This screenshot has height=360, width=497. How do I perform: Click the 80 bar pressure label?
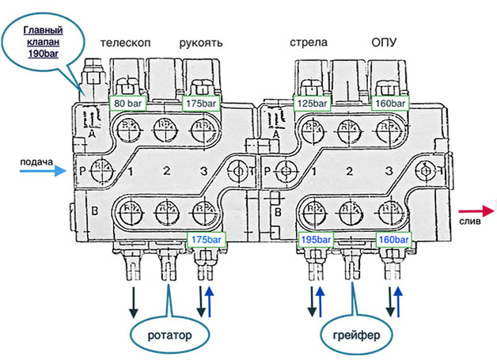point(128,103)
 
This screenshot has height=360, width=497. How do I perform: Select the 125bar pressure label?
point(310,103)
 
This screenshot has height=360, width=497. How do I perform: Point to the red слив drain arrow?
point(476,210)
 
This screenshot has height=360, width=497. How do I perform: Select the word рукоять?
point(200,42)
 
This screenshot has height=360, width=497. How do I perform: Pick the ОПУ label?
point(386,42)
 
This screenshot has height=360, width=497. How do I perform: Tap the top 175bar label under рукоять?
point(202,103)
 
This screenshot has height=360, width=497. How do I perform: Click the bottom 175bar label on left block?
point(204,238)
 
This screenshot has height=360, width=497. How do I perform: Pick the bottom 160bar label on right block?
point(393,238)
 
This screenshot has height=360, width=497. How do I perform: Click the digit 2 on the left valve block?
point(166,170)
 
